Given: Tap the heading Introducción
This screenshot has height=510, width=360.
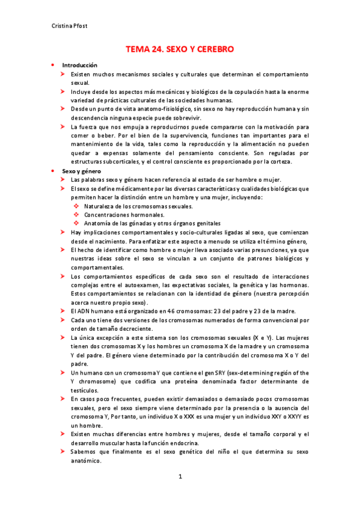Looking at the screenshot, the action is click(x=80, y=65).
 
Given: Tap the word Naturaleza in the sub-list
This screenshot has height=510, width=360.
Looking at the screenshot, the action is click(x=100, y=206).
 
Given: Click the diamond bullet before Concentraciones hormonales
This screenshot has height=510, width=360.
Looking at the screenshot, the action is click(x=76, y=215).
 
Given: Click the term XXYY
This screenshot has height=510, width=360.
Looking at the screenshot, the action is click(x=290, y=416).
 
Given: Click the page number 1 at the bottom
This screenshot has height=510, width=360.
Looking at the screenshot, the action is click(x=180, y=477).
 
